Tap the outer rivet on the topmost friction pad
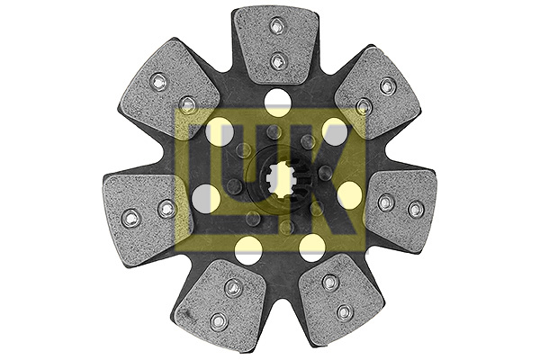(x=276, y=26)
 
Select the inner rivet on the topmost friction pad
(x=277, y=62)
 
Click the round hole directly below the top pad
(x=277, y=102)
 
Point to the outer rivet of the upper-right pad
(x=387, y=85)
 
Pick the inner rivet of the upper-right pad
(x=363, y=106)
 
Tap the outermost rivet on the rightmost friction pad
(x=416, y=209)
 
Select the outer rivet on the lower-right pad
(x=345, y=311)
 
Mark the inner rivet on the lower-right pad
(x=330, y=283)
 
